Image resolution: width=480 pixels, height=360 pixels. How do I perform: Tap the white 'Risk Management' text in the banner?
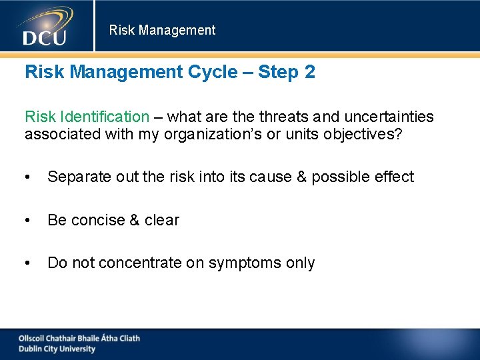click(x=162, y=30)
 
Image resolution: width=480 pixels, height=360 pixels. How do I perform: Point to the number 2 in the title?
click(x=309, y=72)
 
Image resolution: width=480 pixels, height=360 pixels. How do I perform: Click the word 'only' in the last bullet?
click(x=300, y=263)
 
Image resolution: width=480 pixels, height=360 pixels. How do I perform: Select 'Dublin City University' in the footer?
click(x=57, y=349)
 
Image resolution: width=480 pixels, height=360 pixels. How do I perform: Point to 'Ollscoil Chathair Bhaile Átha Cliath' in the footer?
click(x=79, y=338)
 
